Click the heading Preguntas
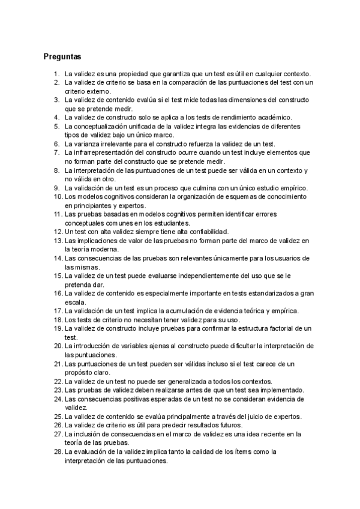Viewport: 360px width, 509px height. pos(62,57)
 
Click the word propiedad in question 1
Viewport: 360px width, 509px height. pos(123,73)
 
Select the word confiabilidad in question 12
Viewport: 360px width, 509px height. pos(216,232)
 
